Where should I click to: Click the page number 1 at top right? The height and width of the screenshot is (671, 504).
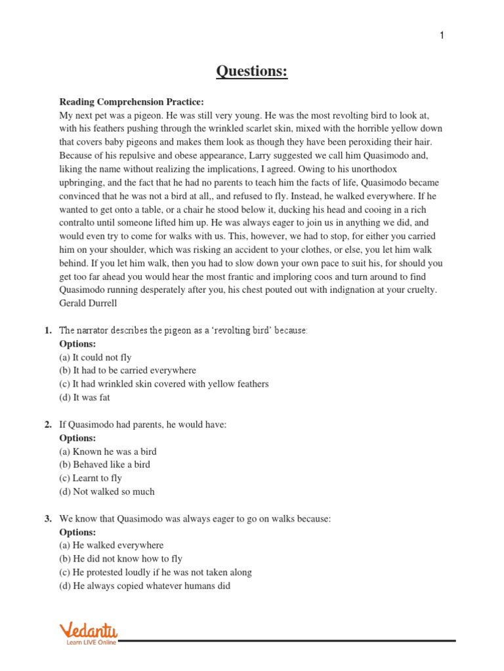pos(442,35)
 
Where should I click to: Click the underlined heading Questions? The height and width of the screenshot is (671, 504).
pos(252,71)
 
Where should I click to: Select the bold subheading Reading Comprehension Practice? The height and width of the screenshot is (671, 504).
pos(132,102)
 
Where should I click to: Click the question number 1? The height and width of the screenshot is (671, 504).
pos(48,330)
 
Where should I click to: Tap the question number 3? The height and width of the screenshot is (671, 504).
pos(48,519)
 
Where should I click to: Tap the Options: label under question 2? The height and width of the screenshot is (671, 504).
pos(77,438)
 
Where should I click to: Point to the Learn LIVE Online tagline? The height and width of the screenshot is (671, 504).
pos(91,643)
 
